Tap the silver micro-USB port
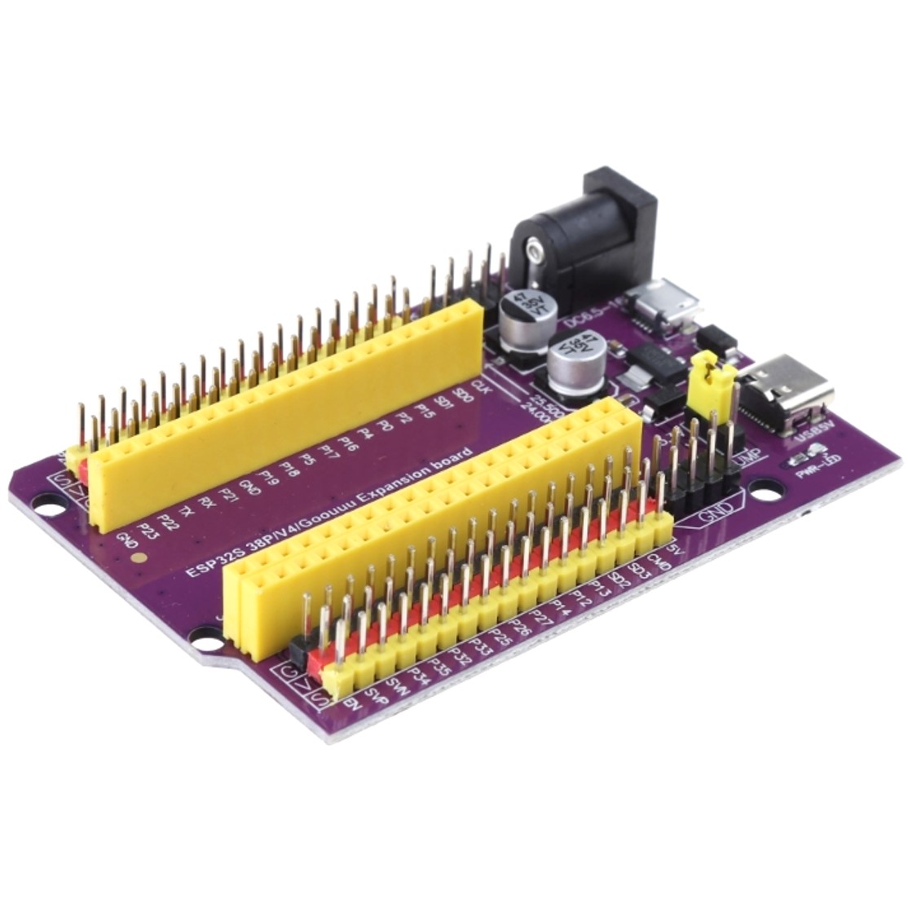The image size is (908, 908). point(668,302)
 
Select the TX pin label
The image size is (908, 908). point(187,511)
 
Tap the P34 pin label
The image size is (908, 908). point(419,672)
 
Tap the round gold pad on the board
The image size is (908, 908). point(139,560)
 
